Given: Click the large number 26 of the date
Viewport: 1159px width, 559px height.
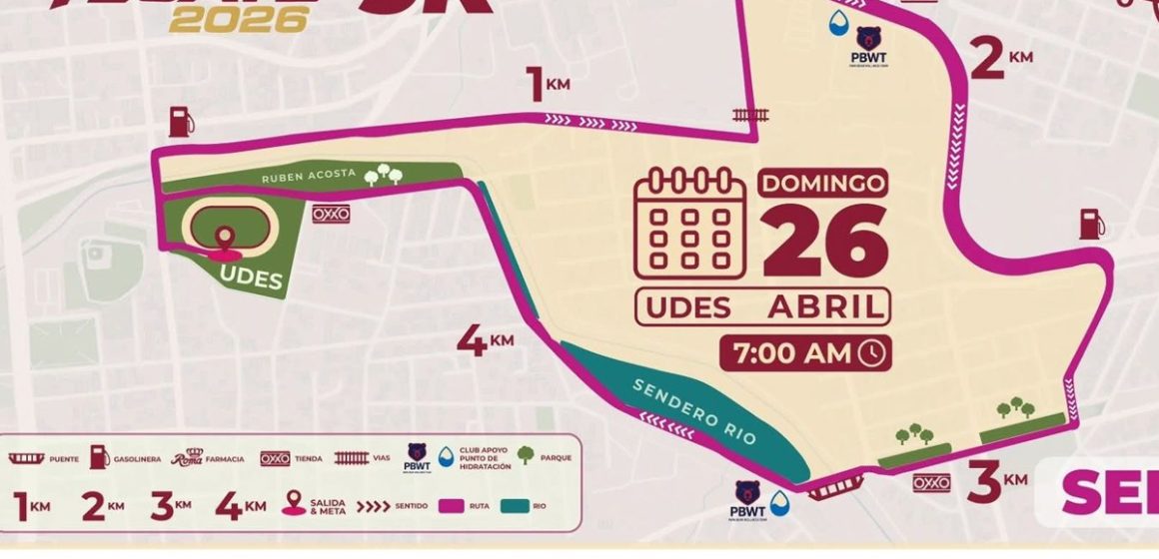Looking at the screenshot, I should click(825, 243).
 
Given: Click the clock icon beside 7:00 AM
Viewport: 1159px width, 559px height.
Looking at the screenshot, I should click(872, 352).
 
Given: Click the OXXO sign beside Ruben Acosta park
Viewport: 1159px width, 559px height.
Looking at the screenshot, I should click(330, 214).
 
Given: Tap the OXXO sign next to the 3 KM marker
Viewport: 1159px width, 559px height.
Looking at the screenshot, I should click(930, 483).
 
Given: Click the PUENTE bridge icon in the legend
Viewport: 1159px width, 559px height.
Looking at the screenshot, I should click(29, 458).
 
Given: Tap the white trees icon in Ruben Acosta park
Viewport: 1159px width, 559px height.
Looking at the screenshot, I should click(384, 176).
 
